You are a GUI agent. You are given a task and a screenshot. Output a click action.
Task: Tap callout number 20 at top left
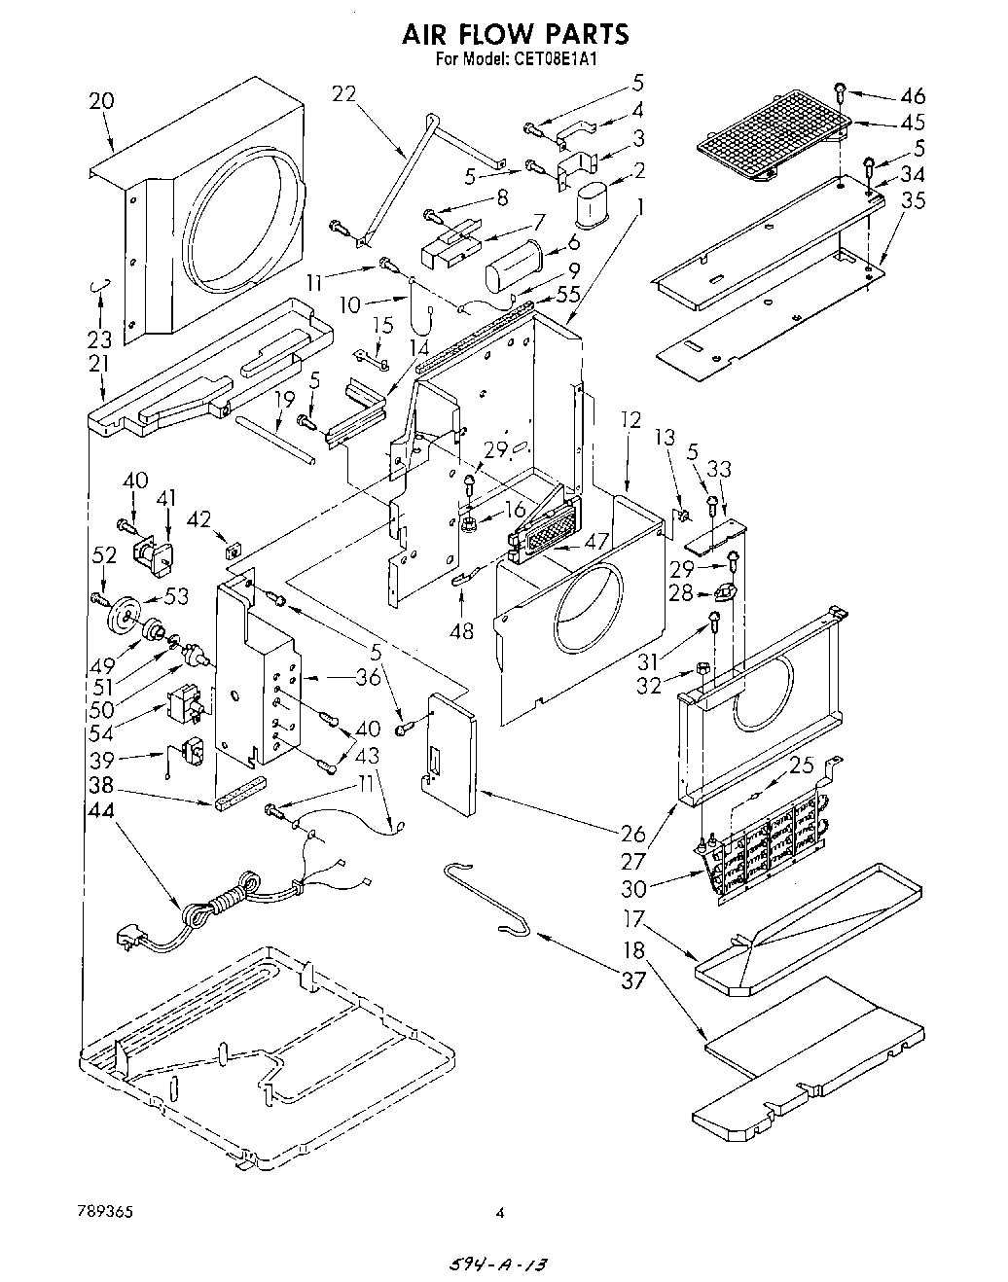click(100, 100)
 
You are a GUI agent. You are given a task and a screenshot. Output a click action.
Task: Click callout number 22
click(344, 94)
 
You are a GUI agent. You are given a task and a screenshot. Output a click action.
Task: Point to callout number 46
click(912, 95)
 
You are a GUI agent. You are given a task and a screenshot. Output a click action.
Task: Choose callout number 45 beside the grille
click(912, 123)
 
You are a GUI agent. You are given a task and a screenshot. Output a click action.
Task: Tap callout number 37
click(632, 979)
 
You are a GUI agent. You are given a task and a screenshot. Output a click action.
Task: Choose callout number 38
click(100, 785)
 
